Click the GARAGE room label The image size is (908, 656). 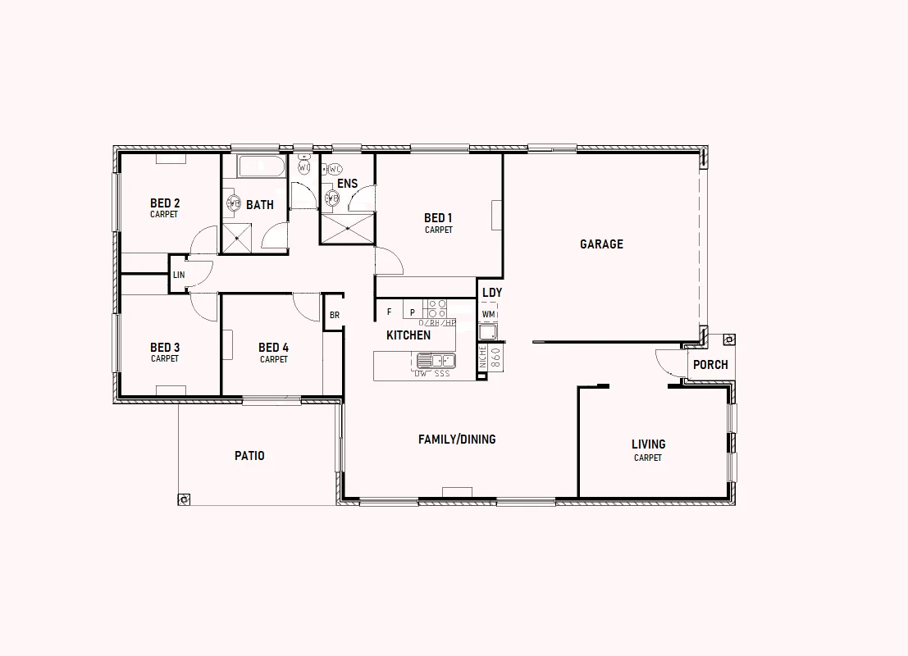pos(601,244)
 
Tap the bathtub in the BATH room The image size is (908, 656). pos(262,166)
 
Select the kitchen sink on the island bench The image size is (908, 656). pos(436,360)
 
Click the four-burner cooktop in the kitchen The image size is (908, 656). pos(436,308)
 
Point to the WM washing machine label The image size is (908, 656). pos(489,314)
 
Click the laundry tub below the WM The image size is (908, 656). pos(488,332)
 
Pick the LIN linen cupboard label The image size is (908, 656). pos(179,276)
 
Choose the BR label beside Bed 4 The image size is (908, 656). pos(334,315)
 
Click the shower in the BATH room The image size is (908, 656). pos(239,238)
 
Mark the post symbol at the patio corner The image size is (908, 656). pos(185,499)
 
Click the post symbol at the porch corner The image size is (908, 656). pos(728,339)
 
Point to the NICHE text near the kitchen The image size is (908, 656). pos(483,355)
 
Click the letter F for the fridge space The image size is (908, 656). pos(390,312)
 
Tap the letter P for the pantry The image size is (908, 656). pos(412,312)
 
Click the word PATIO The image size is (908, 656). pos(249,456)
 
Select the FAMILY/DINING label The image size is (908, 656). pos(457,440)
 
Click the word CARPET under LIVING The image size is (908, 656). pos(648,458)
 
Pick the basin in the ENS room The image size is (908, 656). pos(333,198)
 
